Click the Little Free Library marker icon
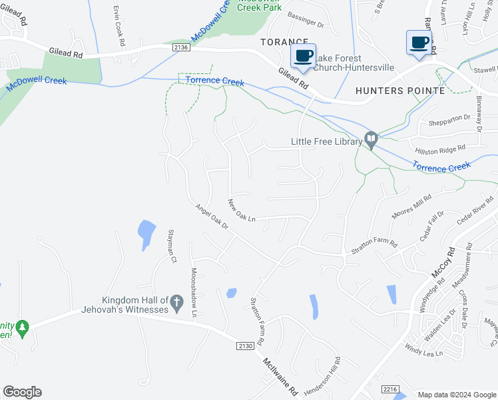tap(372, 140)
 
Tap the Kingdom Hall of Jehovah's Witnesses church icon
tap(177, 303)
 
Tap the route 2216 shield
tap(390, 388)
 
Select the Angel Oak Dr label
tap(212, 217)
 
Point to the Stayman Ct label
tap(172, 245)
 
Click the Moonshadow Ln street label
tap(194, 292)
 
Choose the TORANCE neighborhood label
tap(284, 41)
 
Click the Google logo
tap(22, 392)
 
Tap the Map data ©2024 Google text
tap(455, 395)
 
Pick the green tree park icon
tap(23, 327)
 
